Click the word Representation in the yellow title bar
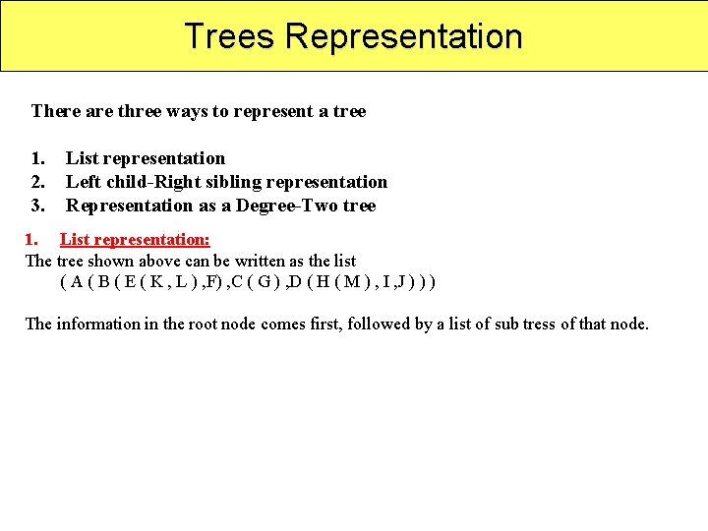coord(404,36)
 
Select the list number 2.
coord(37,182)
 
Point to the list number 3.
coord(37,206)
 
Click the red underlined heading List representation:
coord(135,239)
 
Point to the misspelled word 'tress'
coord(539,324)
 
